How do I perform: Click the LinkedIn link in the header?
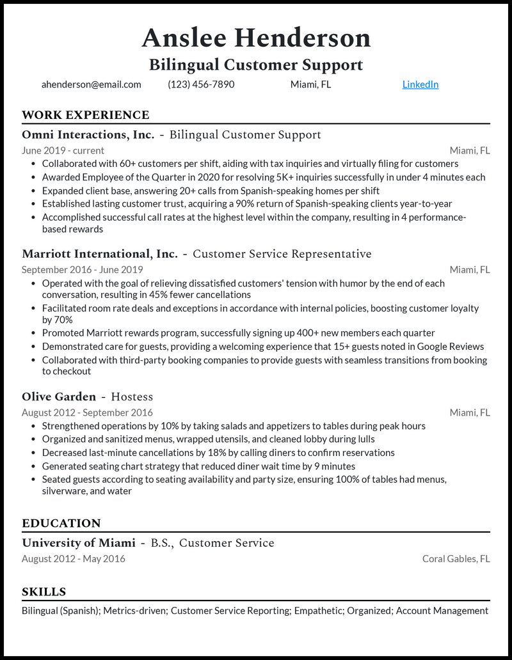[x=420, y=84]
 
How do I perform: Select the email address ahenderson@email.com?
[x=91, y=84]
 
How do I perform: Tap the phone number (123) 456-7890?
[x=201, y=84]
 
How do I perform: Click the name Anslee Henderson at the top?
[x=256, y=38]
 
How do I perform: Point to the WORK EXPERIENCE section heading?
[x=85, y=115]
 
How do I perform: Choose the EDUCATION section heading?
[x=61, y=523]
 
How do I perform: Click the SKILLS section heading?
[x=44, y=592]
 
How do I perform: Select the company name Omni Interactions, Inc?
[x=88, y=134]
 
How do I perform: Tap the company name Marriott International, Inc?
[x=100, y=254]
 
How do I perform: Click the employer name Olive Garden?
[x=59, y=397]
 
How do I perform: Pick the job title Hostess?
[x=132, y=397]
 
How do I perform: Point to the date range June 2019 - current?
[x=63, y=151]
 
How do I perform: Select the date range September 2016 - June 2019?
[x=83, y=270]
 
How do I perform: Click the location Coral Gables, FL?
[x=456, y=559]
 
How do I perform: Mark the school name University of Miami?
[x=79, y=543]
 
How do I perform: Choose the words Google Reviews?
[x=451, y=347]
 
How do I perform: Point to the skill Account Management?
[x=442, y=611]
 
